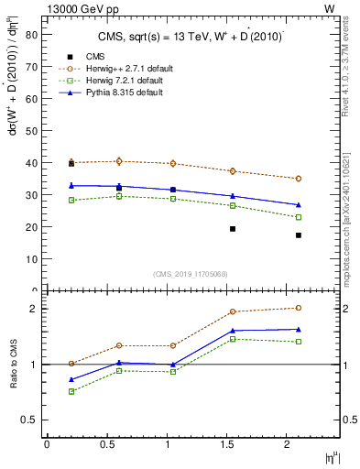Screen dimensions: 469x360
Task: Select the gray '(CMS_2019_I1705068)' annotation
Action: pos(191,272)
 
